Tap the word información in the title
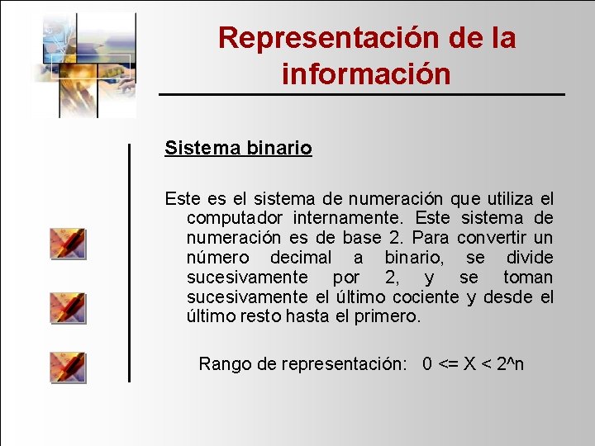pyautogui.click(x=366, y=74)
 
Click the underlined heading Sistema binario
pyautogui.click(x=238, y=149)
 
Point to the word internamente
pyautogui.click(x=353, y=218)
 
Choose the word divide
pyautogui.click(x=530, y=258)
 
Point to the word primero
pyautogui.click(x=387, y=317)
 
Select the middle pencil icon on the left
pyautogui.click(x=67, y=306)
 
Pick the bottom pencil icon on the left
pyautogui.click(x=67, y=367)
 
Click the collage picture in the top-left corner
pyautogui.click(x=83, y=64)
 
